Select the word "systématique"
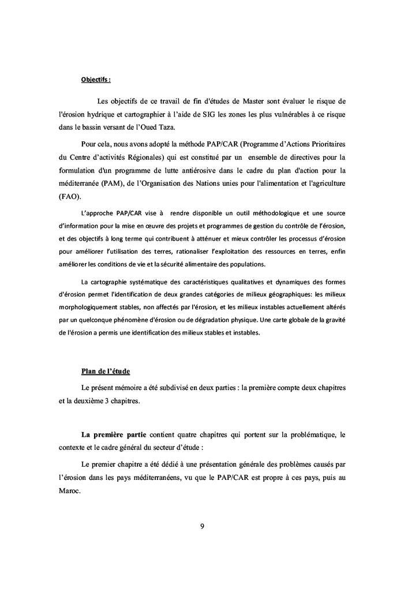[x=138, y=282]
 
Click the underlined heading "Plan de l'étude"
[x=106, y=371]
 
